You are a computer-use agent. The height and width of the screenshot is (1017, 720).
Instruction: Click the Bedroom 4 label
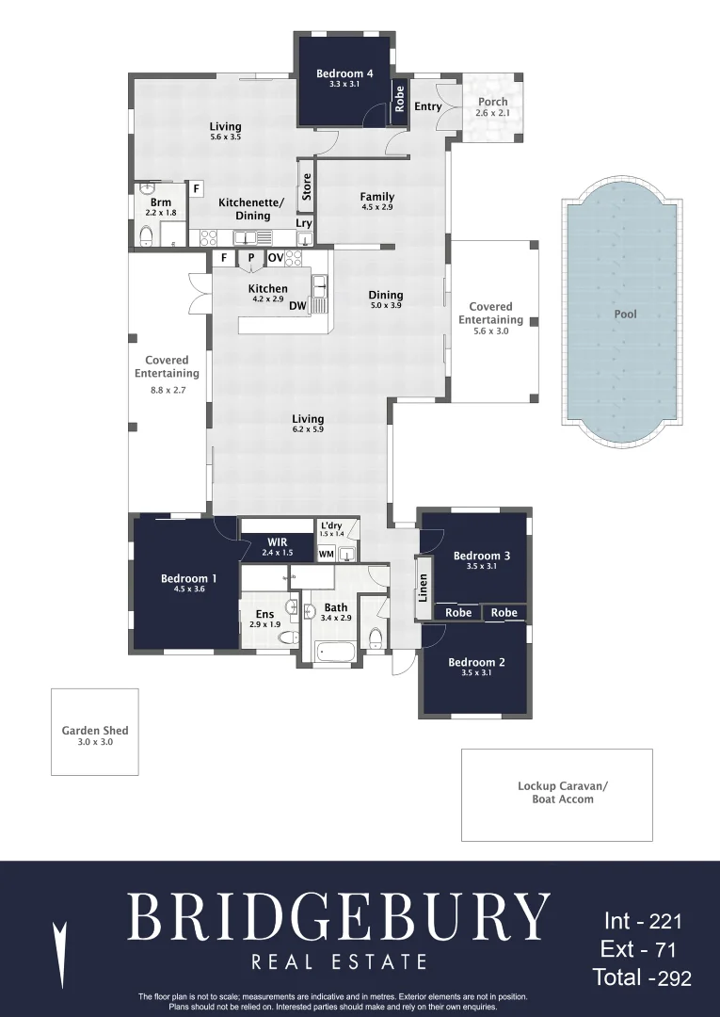pyautogui.click(x=344, y=73)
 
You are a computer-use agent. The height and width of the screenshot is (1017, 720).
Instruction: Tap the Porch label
pyautogui.click(x=492, y=101)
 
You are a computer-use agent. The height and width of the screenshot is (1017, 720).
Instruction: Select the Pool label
pyautogui.click(x=625, y=314)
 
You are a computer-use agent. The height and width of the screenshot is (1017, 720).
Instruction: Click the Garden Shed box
pyautogui.click(x=95, y=732)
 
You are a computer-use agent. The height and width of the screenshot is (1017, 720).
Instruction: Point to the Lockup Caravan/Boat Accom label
pyautogui.click(x=563, y=793)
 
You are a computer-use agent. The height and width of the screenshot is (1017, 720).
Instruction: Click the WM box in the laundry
pyautogui.click(x=326, y=554)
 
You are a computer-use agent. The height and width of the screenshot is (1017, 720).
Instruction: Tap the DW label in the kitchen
pyautogui.click(x=298, y=305)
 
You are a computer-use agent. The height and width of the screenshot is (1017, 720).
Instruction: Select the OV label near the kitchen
pyautogui.click(x=276, y=257)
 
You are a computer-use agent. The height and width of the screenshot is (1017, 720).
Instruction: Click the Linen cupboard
pyautogui.click(x=424, y=588)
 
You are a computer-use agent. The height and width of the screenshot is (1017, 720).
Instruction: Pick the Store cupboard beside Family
pyautogui.click(x=307, y=186)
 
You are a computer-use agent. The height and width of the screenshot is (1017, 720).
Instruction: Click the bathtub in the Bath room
pyautogui.click(x=334, y=652)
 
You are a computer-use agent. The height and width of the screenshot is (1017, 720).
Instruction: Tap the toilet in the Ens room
pyautogui.click(x=288, y=638)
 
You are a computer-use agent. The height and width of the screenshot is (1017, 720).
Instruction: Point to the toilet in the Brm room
pyautogui.click(x=147, y=234)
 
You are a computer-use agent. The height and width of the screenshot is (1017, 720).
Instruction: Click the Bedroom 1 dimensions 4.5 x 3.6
pyautogui.click(x=189, y=589)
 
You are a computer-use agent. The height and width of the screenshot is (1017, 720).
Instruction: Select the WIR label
pyautogui.click(x=278, y=542)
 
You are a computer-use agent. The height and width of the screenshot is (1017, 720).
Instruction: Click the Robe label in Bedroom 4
pyautogui.click(x=399, y=99)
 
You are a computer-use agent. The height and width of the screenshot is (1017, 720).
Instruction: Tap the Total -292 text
pyautogui.click(x=642, y=977)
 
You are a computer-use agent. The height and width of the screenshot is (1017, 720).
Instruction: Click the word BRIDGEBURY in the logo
pyautogui.click(x=338, y=916)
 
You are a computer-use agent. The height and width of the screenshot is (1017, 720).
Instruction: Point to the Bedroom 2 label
pyautogui.click(x=476, y=662)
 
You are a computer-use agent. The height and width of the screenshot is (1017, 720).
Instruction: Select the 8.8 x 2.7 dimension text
pyautogui.click(x=168, y=390)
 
